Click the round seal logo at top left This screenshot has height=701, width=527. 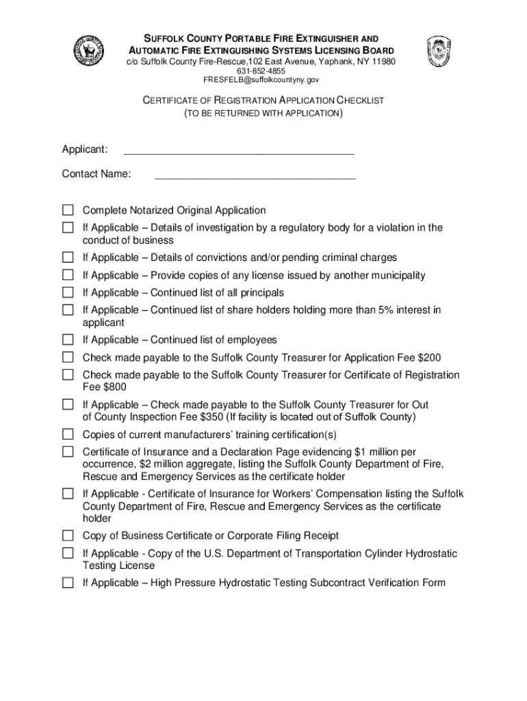[88, 51]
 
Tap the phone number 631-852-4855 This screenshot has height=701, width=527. [261, 71]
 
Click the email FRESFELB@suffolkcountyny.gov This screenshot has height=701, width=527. [261, 80]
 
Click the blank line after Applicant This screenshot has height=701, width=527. [238, 150]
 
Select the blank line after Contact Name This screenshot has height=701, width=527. [255, 175]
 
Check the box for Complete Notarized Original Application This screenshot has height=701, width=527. [68, 210]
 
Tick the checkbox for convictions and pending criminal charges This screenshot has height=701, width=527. [68, 258]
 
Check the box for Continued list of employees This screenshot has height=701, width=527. [68, 340]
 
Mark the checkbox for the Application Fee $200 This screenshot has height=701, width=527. [68, 357]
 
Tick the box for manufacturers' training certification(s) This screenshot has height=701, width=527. [68, 435]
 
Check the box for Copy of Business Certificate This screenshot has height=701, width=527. [68, 536]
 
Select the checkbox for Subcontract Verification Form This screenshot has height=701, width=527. [68, 583]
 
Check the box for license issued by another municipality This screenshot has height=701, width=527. [68, 275]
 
